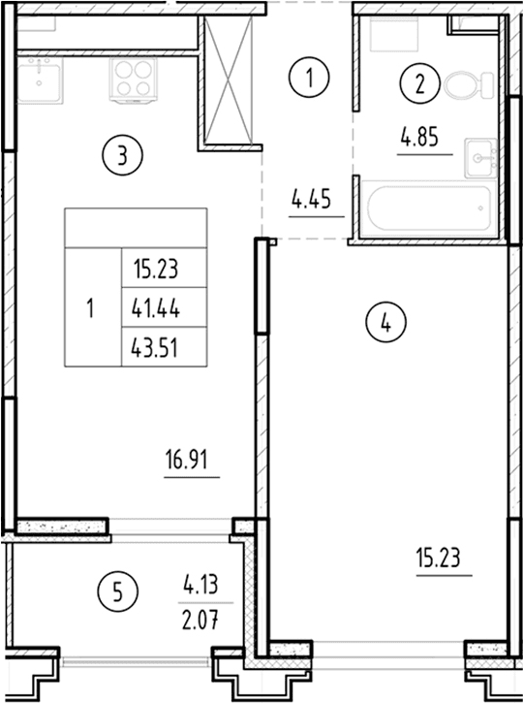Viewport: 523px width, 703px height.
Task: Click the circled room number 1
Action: point(309,78)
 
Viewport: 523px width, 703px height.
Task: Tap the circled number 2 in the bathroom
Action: point(419,83)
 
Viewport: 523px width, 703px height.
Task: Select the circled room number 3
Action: point(122,156)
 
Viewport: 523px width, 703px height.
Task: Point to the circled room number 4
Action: point(386,322)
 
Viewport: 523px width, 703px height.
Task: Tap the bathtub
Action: point(428,208)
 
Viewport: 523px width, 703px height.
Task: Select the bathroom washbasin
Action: point(481,158)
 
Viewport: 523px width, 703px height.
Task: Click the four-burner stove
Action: point(134,80)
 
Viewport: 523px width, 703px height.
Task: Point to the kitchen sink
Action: point(40,80)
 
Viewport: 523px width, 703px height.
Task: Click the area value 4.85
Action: point(419,137)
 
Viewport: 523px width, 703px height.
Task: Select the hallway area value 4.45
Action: point(311,199)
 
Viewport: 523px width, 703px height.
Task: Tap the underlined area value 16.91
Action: point(187,460)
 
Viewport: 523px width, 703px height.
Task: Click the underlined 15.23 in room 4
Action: point(439,559)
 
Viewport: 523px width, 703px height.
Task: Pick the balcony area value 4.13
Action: point(200,585)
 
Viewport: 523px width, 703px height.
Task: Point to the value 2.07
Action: point(200,622)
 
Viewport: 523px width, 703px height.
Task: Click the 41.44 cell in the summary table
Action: point(164,307)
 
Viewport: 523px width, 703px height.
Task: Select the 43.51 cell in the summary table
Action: point(164,346)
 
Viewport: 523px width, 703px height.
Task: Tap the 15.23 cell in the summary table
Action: point(164,268)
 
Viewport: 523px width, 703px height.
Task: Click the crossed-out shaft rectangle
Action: point(229,80)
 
